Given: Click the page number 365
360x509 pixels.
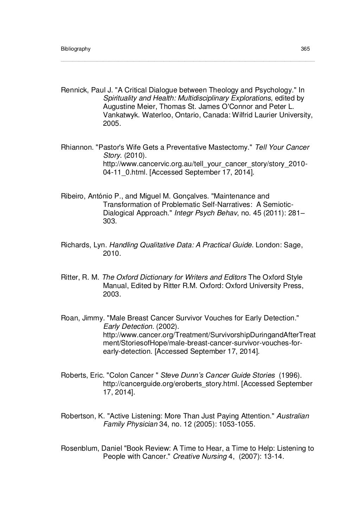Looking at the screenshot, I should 305,49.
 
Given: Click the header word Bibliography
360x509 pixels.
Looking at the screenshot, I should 76,49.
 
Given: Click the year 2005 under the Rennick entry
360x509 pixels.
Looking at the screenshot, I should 111,123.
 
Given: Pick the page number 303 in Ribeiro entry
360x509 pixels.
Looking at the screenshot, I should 109,221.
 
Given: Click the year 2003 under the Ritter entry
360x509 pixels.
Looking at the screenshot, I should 111,294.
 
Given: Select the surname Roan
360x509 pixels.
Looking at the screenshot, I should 70,318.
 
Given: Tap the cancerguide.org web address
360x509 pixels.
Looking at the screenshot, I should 171,384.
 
